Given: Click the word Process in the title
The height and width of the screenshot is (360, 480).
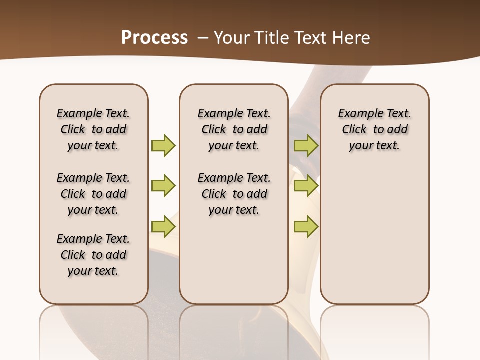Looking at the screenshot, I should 154,37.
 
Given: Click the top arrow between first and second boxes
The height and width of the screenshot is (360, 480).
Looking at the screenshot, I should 163,145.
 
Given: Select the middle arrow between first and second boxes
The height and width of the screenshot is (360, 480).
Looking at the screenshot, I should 163,186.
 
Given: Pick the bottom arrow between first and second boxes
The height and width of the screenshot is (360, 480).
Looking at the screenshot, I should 163,226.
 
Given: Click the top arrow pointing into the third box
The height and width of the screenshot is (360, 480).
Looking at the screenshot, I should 306,145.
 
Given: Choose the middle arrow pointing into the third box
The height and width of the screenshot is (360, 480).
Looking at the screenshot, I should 306,186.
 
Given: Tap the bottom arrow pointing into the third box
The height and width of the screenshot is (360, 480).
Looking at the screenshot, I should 306,226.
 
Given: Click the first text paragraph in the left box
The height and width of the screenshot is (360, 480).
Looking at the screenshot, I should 93,129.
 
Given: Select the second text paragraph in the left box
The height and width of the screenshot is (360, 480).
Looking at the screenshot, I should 93,194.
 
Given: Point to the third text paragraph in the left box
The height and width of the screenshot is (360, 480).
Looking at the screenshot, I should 93,255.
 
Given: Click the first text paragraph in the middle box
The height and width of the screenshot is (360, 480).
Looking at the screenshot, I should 234,129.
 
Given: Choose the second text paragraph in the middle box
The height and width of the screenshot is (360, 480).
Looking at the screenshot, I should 234,194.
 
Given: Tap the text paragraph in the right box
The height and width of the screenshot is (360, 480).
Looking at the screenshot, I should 374,129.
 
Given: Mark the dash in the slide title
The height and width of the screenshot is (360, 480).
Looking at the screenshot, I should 203,38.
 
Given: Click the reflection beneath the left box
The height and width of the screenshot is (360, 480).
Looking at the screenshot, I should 94,330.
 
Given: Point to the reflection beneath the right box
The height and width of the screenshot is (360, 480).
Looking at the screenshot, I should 374,330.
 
